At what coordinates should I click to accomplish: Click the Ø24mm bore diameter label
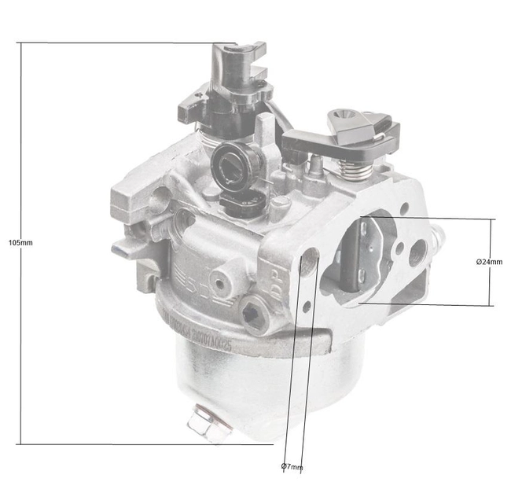point(489,261)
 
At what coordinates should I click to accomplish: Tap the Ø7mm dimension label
point(292,467)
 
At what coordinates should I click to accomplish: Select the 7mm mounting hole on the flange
point(309,260)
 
